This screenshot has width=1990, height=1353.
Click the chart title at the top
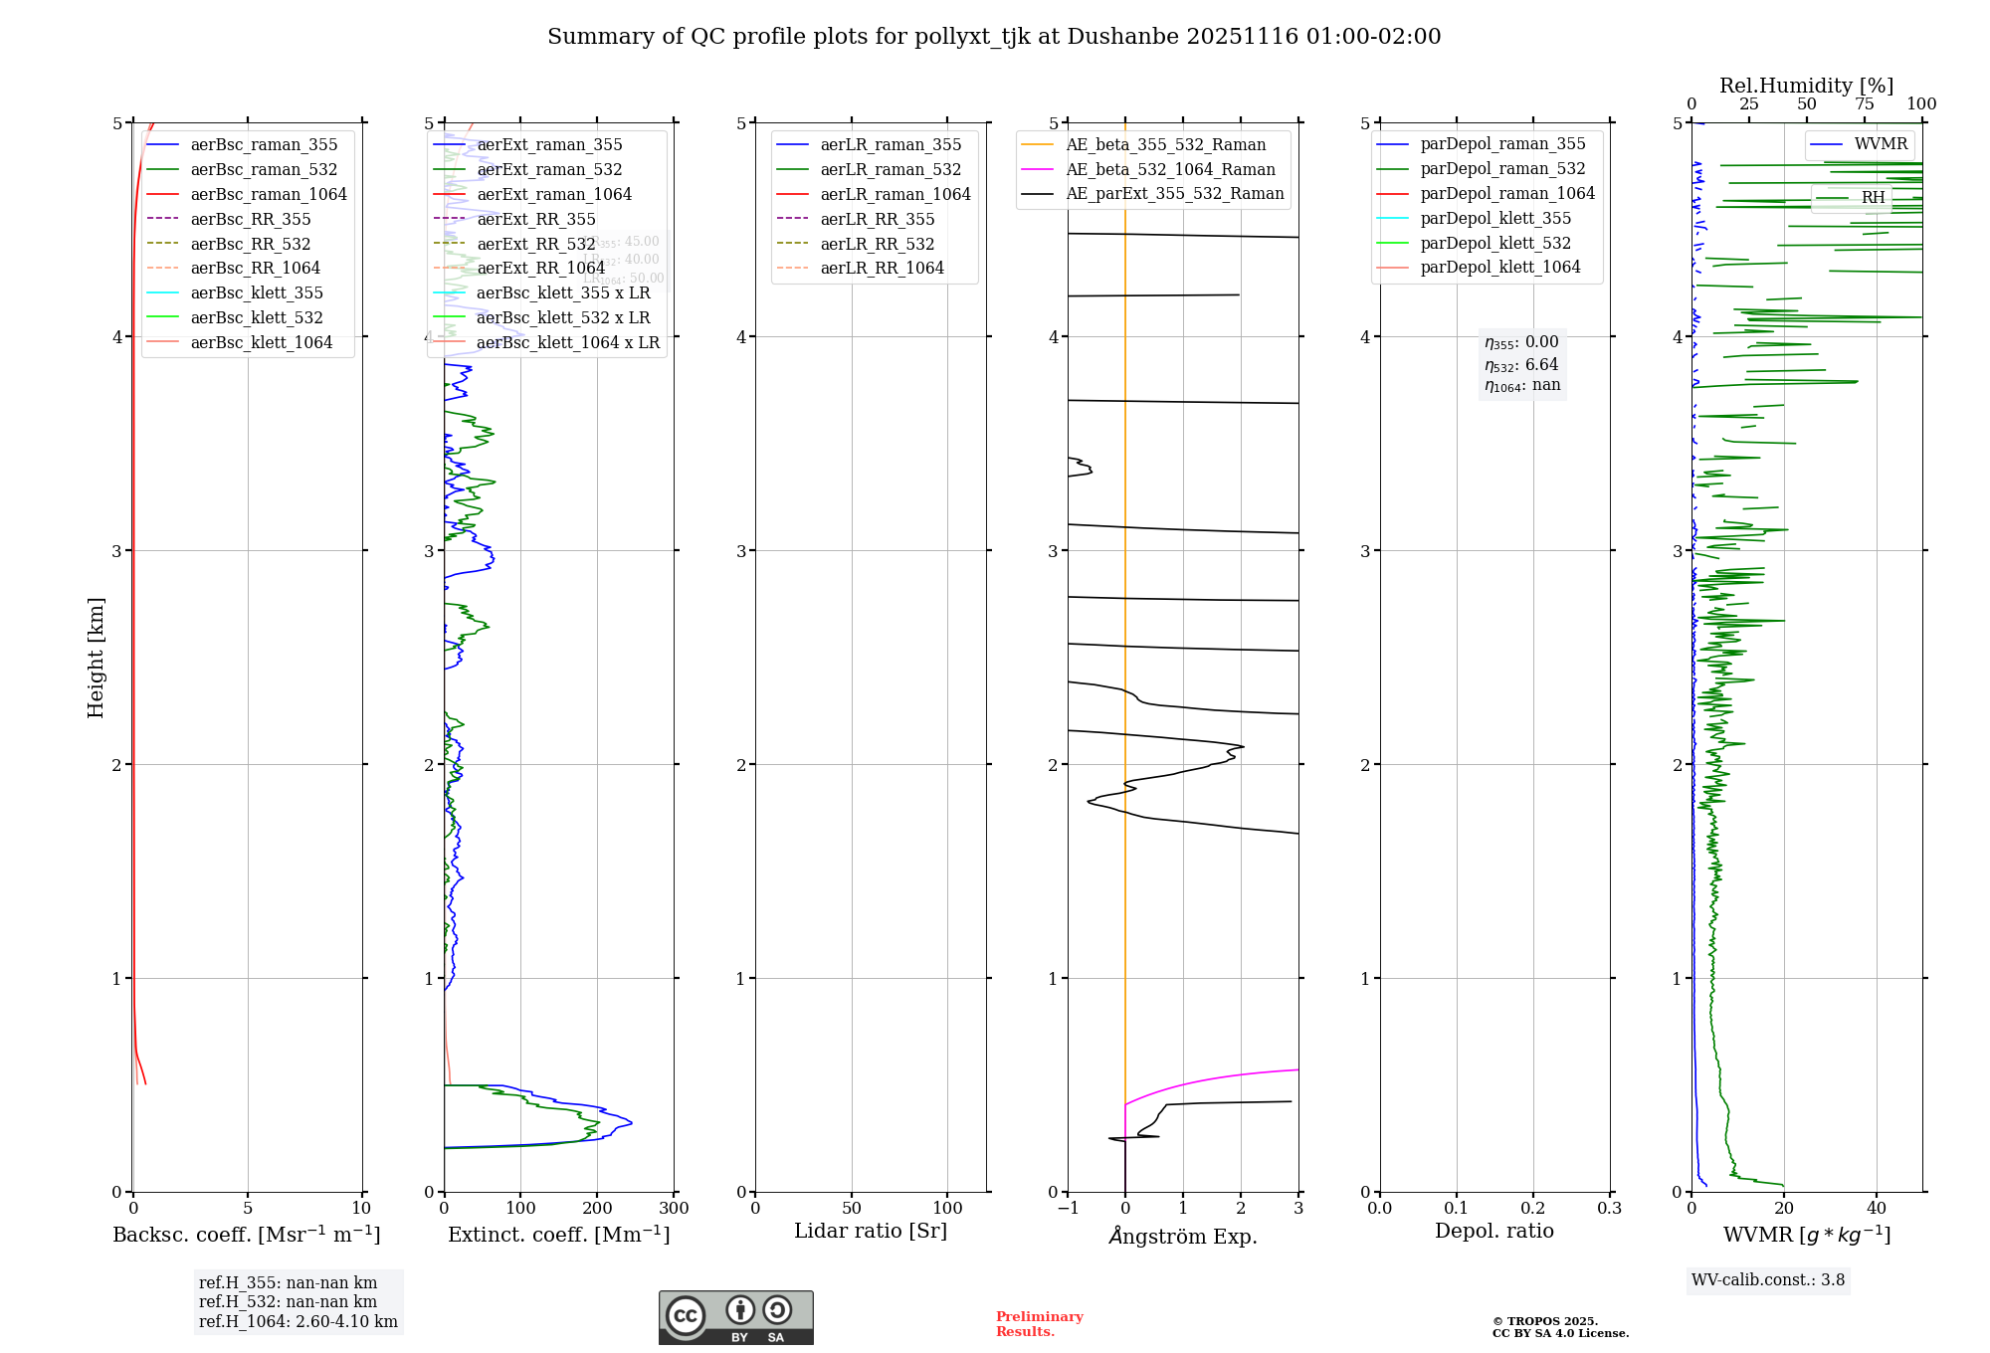pos(994,37)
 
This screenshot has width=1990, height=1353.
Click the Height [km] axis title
pos(96,658)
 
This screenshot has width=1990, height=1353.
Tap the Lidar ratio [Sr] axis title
pos(871,1231)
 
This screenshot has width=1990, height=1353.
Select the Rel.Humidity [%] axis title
pos(1806,86)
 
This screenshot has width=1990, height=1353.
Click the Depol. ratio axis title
pos(1493,1231)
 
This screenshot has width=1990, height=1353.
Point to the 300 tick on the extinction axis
pos(674,1209)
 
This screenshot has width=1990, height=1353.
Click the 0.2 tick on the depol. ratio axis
pos(1533,1209)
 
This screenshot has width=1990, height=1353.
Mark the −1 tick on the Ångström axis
pos(1068,1209)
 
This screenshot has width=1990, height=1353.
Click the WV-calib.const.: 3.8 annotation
pos(1768,1280)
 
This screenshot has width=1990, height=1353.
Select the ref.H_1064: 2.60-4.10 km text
pos(298,1322)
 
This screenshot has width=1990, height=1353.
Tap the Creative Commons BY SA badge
pos(735,1318)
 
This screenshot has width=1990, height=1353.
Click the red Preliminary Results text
pos(1039,1324)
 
